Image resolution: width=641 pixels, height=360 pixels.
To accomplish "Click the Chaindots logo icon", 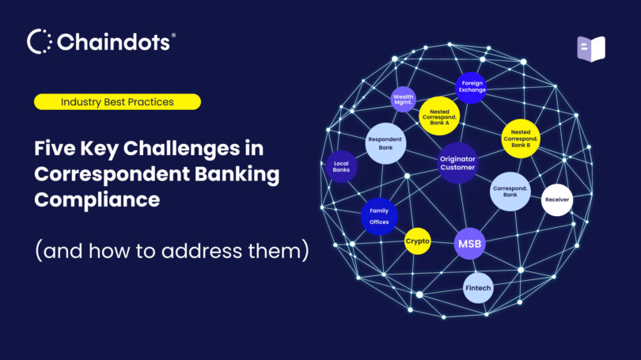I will [40, 42].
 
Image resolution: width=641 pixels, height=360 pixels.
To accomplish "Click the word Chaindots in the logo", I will [112, 42].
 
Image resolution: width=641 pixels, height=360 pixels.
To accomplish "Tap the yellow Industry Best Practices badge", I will [117, 101].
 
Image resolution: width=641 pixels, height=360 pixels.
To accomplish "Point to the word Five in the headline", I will [56, 148].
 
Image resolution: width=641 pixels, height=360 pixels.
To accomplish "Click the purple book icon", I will [590, 48].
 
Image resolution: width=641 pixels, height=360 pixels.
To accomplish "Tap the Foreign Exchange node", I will [473, 86].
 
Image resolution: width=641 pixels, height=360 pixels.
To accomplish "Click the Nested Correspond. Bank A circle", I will [439, 116].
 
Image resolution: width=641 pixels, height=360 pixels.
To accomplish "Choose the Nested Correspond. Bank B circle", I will [521, 139].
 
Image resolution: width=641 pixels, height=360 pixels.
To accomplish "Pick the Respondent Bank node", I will [385, 143].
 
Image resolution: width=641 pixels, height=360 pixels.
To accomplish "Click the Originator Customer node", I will [457, 163].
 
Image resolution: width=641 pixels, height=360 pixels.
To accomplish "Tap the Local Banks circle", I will [341, 167].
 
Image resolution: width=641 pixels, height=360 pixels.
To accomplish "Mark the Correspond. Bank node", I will [510, 191].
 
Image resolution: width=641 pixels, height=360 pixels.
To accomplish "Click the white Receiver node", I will [556, 199].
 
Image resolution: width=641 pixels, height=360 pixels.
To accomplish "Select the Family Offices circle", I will [379, 216].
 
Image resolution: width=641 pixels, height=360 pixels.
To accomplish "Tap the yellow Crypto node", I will [417, 241].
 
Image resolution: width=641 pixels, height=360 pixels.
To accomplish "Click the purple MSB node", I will [468, 244].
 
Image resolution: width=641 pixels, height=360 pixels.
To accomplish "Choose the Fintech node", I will [478, 288].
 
